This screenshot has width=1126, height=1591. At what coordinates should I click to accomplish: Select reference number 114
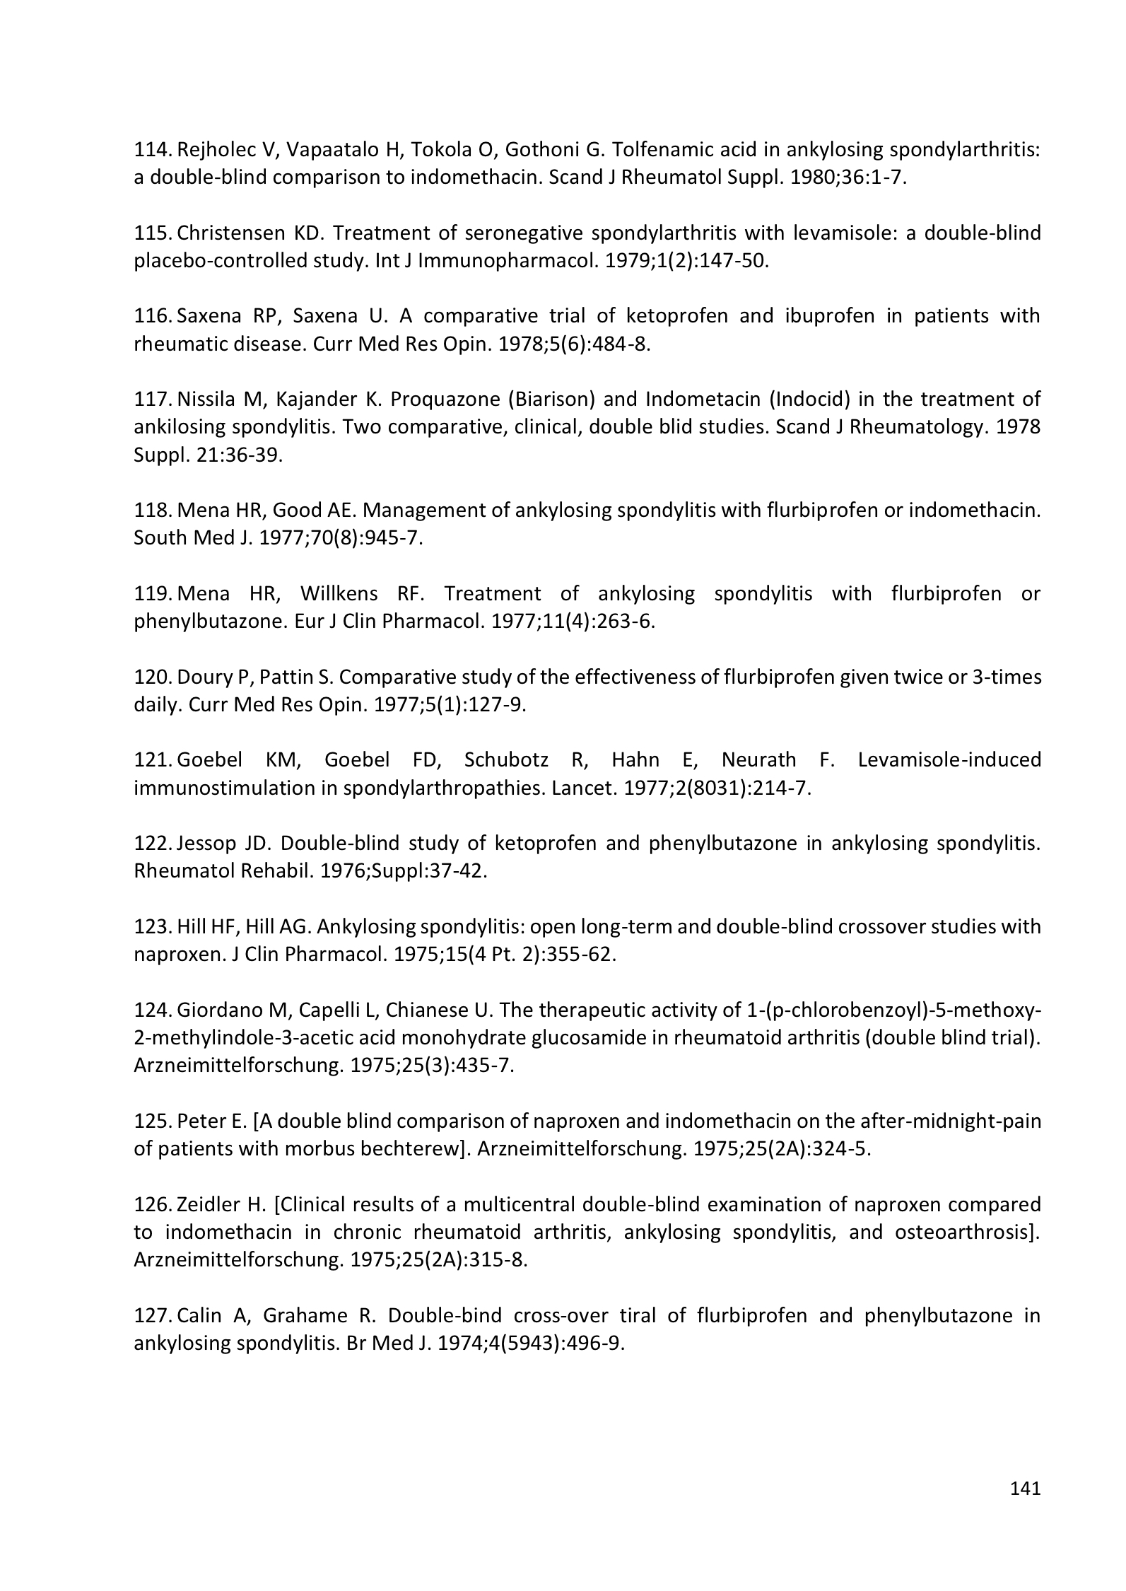152,150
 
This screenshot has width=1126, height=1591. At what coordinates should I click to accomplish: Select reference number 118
152,510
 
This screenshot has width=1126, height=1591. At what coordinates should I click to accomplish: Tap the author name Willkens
339,593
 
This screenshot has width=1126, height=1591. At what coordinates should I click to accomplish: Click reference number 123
152,926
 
